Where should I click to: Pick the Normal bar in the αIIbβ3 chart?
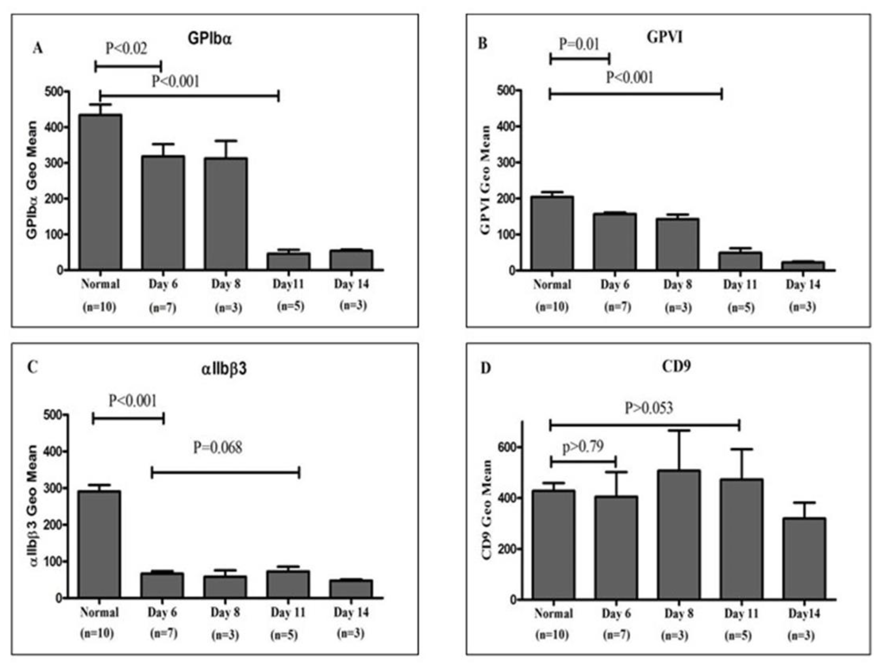coord(99,545)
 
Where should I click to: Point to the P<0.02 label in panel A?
coord(126,48)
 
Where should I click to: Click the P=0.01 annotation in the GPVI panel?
coord(579,44)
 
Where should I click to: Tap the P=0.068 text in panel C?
coord(217,448)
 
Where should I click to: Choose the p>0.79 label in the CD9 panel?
coord(583,446)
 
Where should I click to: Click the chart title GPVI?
coord(665,37)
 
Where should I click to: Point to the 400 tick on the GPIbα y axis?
coord(55,127)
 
